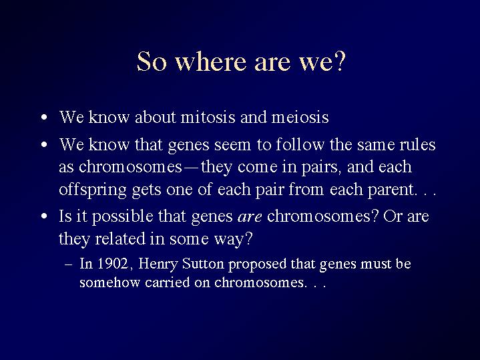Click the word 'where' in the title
click(210, 61)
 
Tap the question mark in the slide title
click(340, 61)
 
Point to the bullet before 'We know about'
click(44, 118)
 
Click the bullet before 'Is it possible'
click(44, 216)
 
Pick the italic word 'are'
click(250, 217)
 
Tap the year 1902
click(113, 264)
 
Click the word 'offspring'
click(93, 190)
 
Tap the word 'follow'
click(300, 144)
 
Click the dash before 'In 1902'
click(69, 264)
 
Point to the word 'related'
click(120, 238)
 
